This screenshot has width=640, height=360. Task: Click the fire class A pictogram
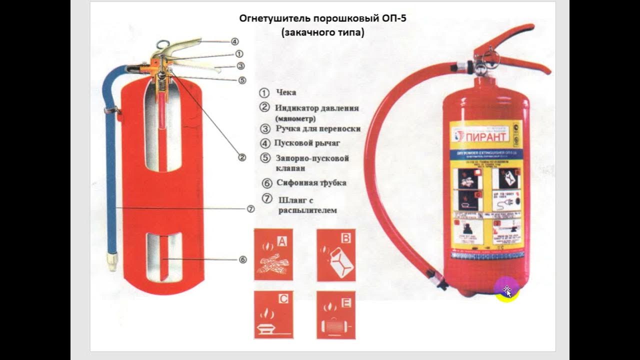273,255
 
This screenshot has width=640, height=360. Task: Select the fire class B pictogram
336,255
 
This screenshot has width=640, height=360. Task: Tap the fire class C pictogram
273,315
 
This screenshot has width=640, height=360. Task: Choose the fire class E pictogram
336,315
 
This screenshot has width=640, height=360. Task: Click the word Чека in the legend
286,92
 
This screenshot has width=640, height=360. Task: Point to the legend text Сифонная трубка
311,183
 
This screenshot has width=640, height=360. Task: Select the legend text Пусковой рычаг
307,143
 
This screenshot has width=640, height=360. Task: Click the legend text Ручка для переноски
318,128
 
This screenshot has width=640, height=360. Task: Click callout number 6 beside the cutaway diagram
242,259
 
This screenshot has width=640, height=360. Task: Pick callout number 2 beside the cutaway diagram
242,157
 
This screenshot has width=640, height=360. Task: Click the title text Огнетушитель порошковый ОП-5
326,19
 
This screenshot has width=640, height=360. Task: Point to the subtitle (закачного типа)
322,33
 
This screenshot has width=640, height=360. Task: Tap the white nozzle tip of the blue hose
112,261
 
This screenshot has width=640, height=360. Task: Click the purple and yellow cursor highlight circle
506,290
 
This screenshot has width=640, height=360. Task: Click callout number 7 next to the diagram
251,209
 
